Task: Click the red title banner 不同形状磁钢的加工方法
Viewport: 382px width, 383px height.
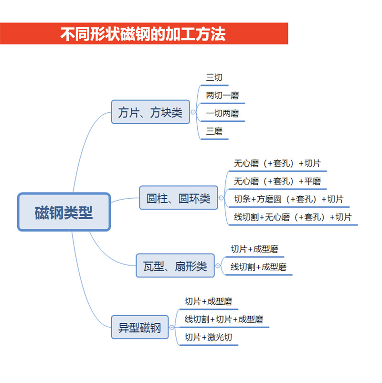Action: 144,33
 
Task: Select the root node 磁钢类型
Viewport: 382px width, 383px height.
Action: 64,212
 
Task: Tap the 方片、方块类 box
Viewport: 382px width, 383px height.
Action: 150,112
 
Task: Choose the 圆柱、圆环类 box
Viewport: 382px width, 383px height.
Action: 179,198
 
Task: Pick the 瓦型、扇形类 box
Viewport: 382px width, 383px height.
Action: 175,266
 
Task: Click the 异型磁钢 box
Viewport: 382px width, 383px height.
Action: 140,327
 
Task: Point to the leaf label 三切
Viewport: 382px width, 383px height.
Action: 214,77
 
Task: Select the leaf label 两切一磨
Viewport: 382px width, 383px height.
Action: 222,95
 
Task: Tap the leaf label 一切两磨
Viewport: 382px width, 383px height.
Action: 222,113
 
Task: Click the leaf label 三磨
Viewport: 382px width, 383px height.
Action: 214,131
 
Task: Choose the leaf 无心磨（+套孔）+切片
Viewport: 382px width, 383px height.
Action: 277,163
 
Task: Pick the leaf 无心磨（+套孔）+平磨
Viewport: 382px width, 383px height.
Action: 277,181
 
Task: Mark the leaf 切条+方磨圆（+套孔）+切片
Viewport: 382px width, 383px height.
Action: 289,199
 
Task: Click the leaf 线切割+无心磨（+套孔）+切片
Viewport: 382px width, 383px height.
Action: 293,217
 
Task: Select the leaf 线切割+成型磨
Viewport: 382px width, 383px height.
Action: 258,267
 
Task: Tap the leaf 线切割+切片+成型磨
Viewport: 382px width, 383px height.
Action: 224,319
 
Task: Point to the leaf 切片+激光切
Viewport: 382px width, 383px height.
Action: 208,337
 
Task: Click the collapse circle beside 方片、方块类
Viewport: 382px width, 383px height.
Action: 193,112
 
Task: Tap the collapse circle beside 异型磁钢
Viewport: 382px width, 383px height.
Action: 172,327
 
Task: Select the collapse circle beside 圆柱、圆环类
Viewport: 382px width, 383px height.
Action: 221,198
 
